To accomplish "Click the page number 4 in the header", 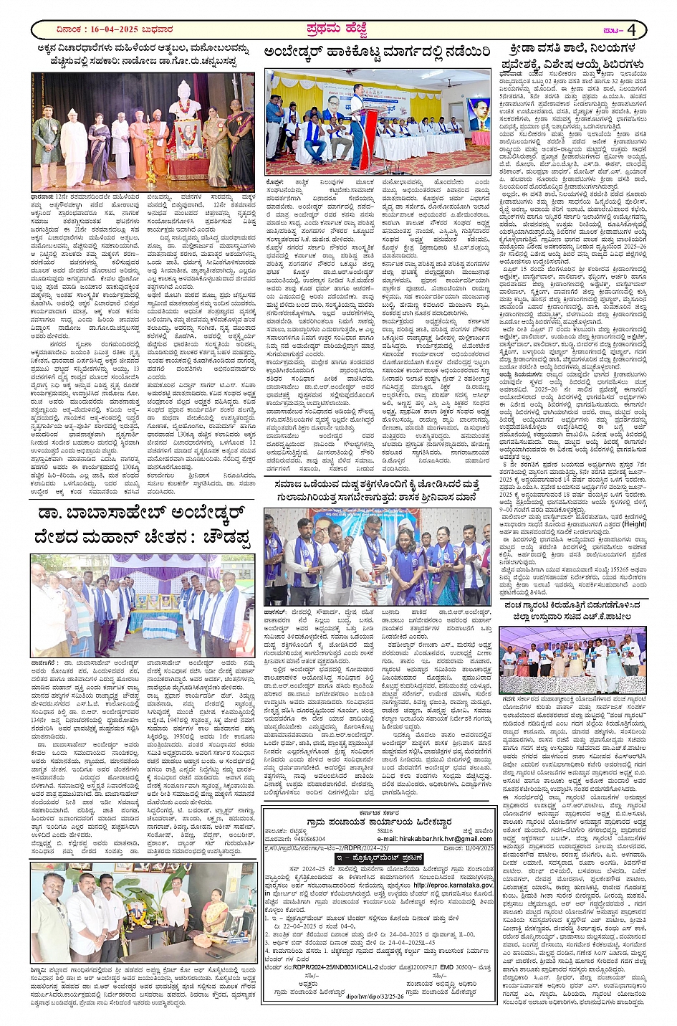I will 633,30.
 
